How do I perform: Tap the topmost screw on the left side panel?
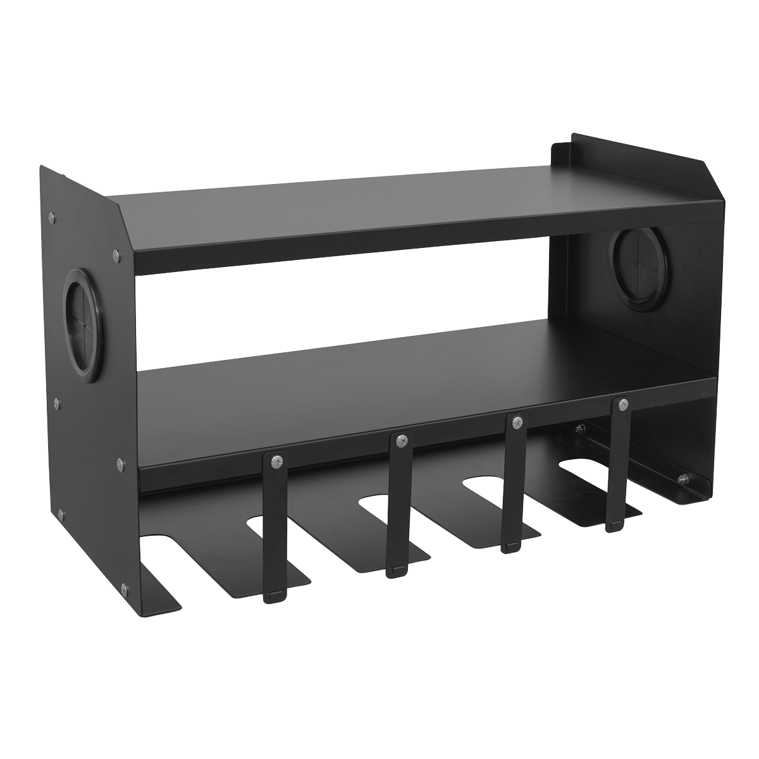51,217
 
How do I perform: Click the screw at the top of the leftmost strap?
275,462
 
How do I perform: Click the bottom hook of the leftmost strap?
273,595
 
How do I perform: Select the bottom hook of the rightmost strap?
613,525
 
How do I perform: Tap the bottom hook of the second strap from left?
395,571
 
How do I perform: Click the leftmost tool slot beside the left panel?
158,544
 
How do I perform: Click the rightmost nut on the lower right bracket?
683,479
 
